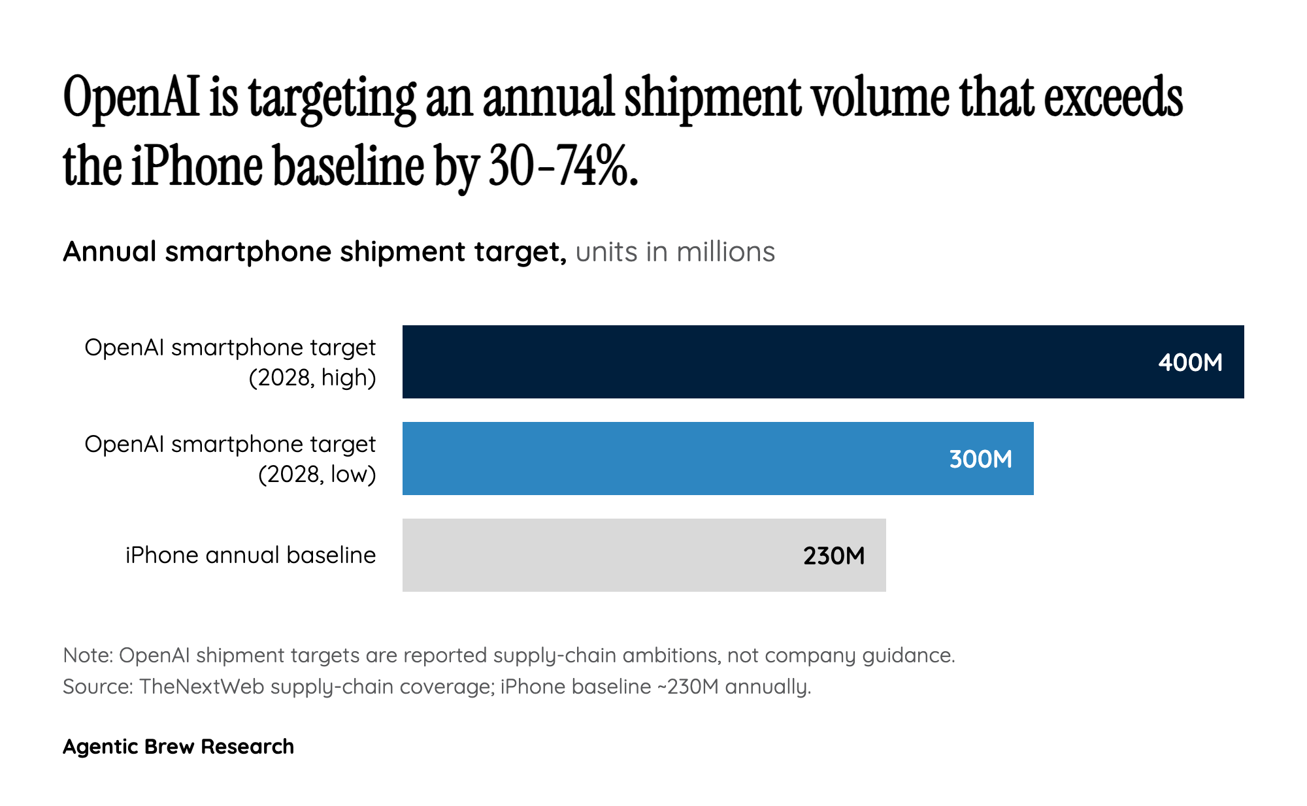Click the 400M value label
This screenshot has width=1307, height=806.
(x=1189, y=363)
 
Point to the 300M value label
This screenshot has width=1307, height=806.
(x=980, y=459)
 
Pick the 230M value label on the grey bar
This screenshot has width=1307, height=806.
(x=834, y=556)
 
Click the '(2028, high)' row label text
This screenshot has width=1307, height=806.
(x=312, y=378)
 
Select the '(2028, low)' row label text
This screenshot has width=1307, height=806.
(x=317, y=474)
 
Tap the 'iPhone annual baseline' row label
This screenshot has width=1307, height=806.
(x=250, y=555)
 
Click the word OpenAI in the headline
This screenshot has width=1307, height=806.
(x=131, y=98)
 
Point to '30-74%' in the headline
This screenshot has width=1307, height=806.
(x=562, y=166)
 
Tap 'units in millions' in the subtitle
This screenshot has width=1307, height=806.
(x=675, y=252)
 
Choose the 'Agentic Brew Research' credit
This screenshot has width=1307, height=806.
(x=178, y=747)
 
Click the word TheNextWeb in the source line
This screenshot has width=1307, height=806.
(x=201, y=686)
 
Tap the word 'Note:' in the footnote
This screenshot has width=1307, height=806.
(x=88, y=655)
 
